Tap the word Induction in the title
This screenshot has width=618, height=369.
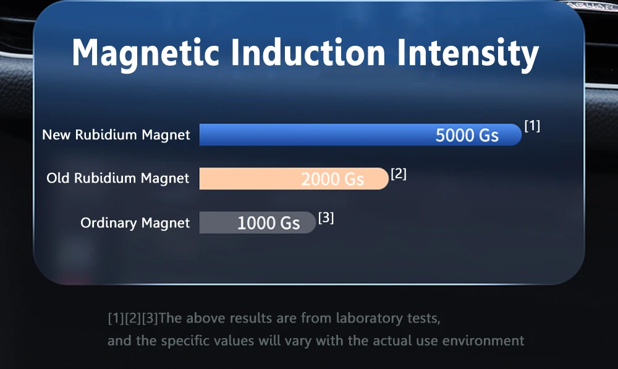pos(308,52)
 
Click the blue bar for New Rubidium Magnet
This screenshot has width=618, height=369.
pos(360,134)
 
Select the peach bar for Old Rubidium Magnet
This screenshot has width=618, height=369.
pos(294,179)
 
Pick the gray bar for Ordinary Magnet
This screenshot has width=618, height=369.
pos(257,223)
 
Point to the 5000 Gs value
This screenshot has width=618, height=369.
pos(467,136)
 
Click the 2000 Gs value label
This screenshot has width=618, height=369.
pos(332,179)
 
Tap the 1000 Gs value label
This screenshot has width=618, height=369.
pos(268,223)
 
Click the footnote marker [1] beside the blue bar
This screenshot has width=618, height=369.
pos(532,126)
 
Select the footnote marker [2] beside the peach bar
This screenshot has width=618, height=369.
pos(399,173)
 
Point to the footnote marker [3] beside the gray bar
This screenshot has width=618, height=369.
pos(326,217)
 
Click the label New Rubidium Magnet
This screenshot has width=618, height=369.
pos(116,135)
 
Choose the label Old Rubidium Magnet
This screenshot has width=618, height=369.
pos(118,178)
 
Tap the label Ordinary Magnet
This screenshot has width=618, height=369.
pos(135,223)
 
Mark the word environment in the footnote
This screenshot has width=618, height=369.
pos(483,341)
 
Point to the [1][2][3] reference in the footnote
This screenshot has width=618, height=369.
pos(133,318)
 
